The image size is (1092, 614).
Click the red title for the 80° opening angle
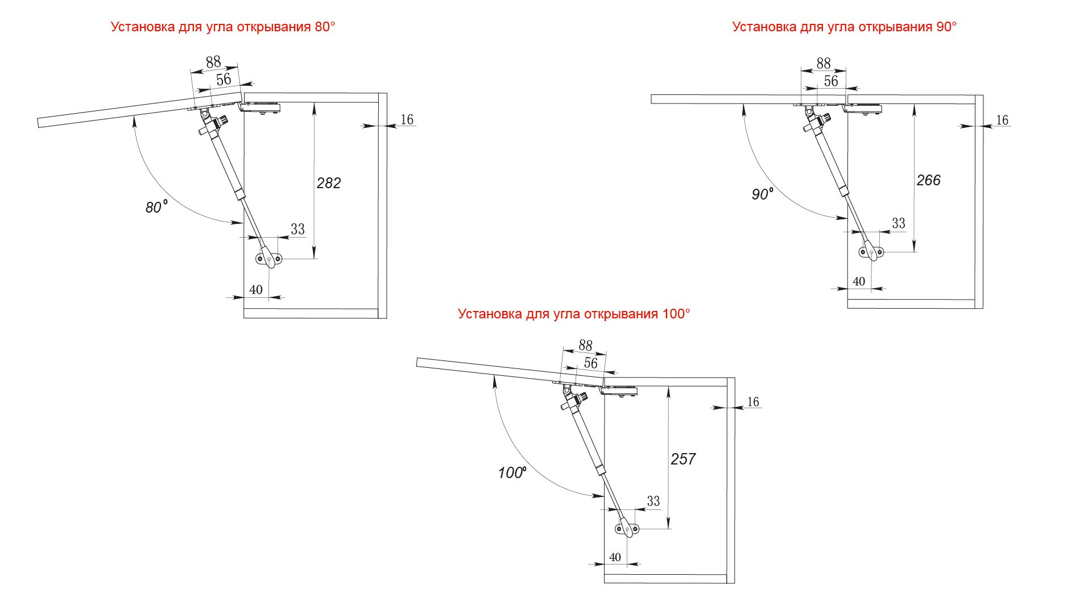pyautogui.click(x=223, y=27)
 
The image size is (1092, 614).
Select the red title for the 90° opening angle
pyautogui.click(x=845, y=27)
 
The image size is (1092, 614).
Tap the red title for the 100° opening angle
pyautogui.click(x=574, y=314)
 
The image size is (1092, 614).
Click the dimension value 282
pyautogui.click(x=329, y=183)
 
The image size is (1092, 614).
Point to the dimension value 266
pyautogui.click(x=929, y=180)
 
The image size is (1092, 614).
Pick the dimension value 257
pyautogui.click(x=683, y=459)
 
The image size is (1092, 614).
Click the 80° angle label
pyautogui.click(x=156, y=207)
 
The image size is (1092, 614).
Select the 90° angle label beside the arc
pyautogui.click(x=763, y=194)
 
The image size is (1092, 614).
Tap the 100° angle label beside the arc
pyautogui.click(x=512, y=472)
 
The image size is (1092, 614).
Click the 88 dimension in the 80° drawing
pyautogui.click(x=213, y=62)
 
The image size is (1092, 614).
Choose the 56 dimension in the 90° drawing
pyautogui.click(x=831, y=81)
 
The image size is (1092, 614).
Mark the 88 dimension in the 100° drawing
pyautogui.click(x=585, y=345)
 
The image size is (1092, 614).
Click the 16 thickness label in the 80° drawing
pyautogui.click(x=407, y=119)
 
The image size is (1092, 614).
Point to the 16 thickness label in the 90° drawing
pyautogui.click(x=1002, y=120)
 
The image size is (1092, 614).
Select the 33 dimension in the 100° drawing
pyautogui.click(x=653, y=501)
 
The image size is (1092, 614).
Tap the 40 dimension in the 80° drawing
pyautogui.click(x=256, y=290)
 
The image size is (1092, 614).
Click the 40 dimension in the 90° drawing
pyautogui.click(x=859, y=281)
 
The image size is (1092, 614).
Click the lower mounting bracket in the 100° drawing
pyautogui.click(x=627, y=529)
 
